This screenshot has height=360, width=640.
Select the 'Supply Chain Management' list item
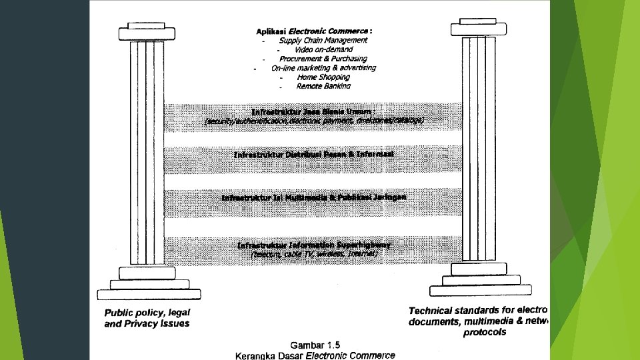coord(323,40)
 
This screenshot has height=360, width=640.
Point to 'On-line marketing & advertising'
coord(323,68)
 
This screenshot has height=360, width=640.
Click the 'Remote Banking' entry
coord(323,86)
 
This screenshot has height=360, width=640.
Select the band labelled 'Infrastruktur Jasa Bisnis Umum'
coord(314,111)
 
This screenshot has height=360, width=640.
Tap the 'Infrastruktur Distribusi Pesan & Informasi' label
coord(314,155)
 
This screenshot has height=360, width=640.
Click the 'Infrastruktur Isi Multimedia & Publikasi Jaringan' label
coord(314,197)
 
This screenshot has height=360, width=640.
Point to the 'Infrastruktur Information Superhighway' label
coord(314,245)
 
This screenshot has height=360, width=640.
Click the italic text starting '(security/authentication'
coord(314,121)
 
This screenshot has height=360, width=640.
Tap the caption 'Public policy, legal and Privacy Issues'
coord(147,318)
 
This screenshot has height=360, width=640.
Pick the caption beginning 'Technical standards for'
coord(477,321)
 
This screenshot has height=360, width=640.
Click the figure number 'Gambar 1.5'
coord(315,345)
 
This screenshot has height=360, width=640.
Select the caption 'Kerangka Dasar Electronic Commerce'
coord(315,355)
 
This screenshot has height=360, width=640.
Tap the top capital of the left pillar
coord(146,32)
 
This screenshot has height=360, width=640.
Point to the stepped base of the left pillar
coord(148,283)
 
